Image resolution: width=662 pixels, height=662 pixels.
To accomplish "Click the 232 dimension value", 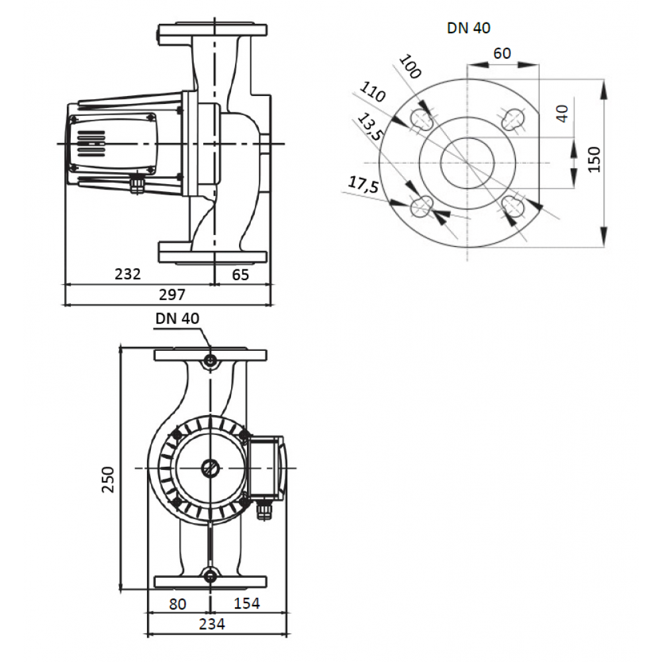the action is click(x=128, y=274).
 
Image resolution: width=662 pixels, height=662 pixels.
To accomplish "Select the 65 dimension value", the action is click(x=241, y=275).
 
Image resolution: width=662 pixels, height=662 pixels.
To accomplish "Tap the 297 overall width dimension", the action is click(x=172, y=295).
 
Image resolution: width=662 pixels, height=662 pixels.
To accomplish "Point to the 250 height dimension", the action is click(x=108, y=479).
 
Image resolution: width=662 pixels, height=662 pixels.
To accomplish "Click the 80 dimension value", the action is click(x=177, y=604).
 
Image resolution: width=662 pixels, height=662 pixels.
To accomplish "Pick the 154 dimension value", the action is click(x=246, y=603).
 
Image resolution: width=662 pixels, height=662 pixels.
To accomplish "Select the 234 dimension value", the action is click(x=212, y=624).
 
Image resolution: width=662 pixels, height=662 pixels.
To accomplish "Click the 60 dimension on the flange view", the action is click(x=502, y=53).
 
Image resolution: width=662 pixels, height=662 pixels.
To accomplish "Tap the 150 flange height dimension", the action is click(x=594, y=159).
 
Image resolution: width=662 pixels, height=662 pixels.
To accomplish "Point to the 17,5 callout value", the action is click(x=363, y=185).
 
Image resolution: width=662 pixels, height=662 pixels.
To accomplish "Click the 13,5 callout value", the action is click(x=370, y=127).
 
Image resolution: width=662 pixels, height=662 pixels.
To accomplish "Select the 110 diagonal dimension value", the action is click(x=372, y=92).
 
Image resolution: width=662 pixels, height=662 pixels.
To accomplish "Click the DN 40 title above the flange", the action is click(x=469, y=28).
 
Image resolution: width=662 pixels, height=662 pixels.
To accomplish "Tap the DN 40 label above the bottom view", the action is click(x=177, y=318).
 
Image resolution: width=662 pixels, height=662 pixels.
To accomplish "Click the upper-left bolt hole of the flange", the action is click(x=421, y=118).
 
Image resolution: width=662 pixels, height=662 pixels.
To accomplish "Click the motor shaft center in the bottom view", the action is click(x=210, y=468).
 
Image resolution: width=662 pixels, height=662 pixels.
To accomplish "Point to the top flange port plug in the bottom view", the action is click(x=210, y=361).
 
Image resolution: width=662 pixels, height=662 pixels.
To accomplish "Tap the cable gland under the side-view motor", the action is click(x=137, y=185).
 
